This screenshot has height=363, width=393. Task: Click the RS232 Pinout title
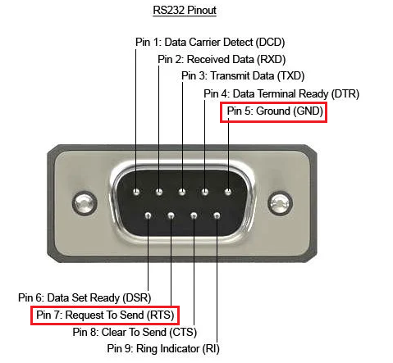(185, 11)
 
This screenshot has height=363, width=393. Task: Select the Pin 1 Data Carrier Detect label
(210, 43)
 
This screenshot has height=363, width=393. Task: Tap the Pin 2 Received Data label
(222, 59)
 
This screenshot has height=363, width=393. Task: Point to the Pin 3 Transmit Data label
(243, 76)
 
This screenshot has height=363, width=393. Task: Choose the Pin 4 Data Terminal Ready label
(281, 93)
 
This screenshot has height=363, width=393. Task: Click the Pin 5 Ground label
(275, 111)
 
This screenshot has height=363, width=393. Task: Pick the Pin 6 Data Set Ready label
(85, 297)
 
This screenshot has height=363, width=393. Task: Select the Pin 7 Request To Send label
(105, 315)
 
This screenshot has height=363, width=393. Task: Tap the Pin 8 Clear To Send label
(135, 332)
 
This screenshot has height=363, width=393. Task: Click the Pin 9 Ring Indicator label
(163, 349)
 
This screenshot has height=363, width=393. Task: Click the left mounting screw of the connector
(85, 203)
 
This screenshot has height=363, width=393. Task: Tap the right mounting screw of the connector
(280, 203)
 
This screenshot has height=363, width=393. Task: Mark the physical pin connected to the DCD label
(136, 192)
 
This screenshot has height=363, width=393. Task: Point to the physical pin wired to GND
(228, 192)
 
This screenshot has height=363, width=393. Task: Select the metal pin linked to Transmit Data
(182, 192)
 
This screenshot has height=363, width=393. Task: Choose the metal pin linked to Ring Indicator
(217, 216)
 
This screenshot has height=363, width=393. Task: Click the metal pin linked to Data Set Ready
(148, 216)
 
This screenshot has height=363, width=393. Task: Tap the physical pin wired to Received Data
(159, 192)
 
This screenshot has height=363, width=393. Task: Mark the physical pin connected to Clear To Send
(194, 216)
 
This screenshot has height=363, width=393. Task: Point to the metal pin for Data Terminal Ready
(205, 192)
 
